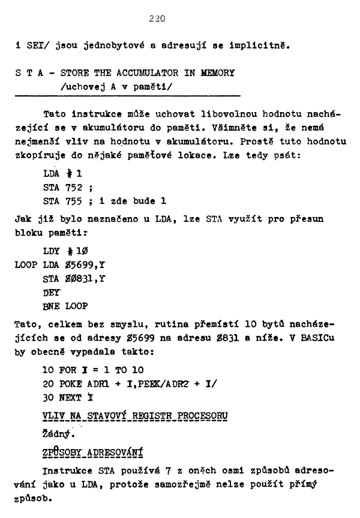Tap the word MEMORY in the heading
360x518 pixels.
pos(219,73)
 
